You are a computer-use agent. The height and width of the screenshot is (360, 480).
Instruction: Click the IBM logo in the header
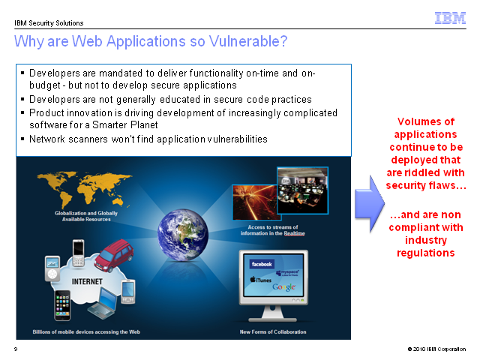[x=450, y=18]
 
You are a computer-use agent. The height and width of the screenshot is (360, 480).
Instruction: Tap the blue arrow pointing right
[x=370, y=203]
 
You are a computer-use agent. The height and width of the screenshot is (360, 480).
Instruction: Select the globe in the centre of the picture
[x=183, y=235]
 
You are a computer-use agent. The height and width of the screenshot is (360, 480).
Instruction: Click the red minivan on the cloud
[x=114, y=256]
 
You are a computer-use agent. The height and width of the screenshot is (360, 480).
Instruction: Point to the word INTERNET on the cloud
[x=87, y=281]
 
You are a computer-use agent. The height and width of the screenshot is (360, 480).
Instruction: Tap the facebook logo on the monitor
[x=262, y=264]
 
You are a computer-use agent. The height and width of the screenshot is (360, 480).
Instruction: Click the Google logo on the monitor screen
[x=284, y=286]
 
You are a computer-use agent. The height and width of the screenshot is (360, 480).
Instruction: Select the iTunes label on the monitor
[x=261, y=280]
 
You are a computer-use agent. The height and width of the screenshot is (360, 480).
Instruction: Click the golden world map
[x=84, y=188]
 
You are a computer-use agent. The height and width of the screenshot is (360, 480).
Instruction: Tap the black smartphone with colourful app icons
[x=62, y=305]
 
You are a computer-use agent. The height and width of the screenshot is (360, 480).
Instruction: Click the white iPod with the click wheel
[x=52, y=268]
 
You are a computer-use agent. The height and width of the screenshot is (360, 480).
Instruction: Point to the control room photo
[x=302, y=190]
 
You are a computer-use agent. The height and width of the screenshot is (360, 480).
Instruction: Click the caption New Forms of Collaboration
[x=273, y=331]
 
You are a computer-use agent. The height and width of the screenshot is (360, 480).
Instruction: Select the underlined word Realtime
[x=295, y=233]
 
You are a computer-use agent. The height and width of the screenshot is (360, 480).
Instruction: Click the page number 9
[x=16, y=349]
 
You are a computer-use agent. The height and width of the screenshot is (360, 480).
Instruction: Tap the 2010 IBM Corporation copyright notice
[x=436, y=349]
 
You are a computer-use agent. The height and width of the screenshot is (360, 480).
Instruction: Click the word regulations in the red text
[x=426, y=253]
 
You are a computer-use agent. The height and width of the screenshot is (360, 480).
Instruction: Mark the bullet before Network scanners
[x=22, y=139]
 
